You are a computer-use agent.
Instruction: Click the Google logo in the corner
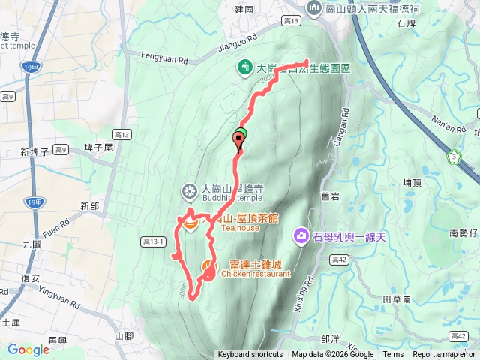(28, 349)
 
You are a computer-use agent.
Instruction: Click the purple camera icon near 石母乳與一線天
(301, 237)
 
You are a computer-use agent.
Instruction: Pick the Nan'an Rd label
(450, 123)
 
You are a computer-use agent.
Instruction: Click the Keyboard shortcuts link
(250, 355)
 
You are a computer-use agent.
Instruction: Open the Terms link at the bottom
(393, 355)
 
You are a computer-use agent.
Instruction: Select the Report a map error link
(445, 355)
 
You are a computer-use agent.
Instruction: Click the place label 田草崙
(397, 298)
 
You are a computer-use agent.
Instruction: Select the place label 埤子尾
(99, 148)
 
